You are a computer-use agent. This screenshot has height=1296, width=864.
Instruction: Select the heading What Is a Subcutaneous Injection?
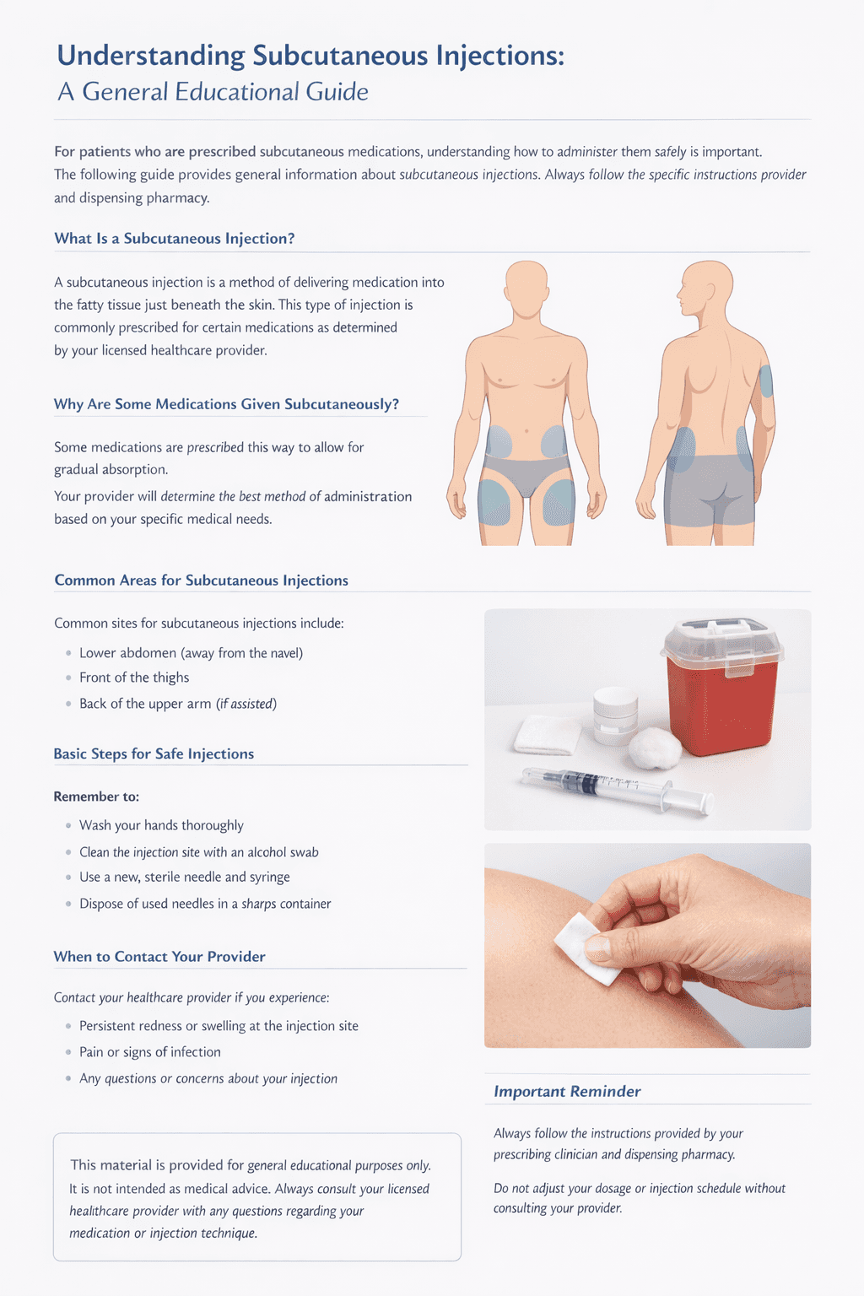[174, 239]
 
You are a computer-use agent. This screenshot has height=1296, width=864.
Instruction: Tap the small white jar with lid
[615, 715]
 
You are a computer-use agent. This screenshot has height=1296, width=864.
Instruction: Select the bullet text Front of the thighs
[134, 678]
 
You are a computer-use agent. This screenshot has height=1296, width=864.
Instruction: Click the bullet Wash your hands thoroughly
[161, 826]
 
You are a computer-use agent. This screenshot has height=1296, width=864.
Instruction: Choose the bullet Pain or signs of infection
[150, 1052]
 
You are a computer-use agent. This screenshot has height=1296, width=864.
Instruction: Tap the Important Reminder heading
[567, 1092]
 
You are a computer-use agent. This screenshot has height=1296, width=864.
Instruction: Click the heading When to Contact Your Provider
[159, 956]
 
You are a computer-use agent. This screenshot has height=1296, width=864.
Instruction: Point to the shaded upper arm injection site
[765, 381]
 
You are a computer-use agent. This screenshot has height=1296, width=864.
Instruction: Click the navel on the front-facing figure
[526, 431]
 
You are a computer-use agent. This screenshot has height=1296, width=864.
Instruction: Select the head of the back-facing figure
[705, 286]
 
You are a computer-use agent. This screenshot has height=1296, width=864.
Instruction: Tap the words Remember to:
[96, 796]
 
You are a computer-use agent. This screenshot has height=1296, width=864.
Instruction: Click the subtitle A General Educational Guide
[213, 92]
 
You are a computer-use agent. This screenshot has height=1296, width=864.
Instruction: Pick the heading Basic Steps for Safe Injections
[154, 753]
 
